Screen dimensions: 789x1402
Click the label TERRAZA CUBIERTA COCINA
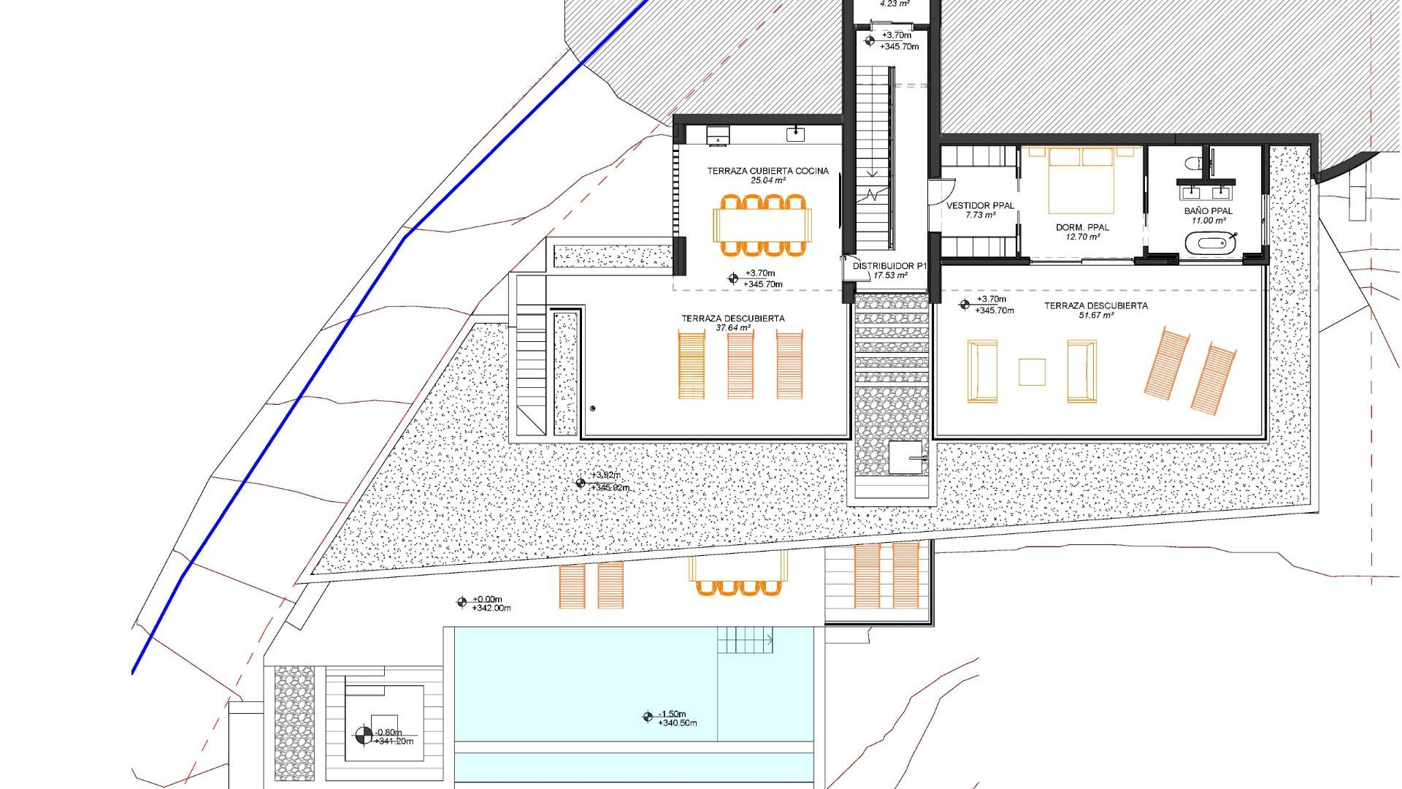click(767, 171)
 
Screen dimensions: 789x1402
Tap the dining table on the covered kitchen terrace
click(762, 225)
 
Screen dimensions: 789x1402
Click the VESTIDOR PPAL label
click(980, 206)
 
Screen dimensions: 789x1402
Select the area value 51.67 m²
click(1096, 316)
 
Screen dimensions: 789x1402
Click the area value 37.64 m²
click(733, 328)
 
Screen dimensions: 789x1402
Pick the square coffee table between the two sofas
click(1032, 371)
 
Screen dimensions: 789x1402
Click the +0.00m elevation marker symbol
click(461, 603)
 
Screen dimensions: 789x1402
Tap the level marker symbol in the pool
click(647, 717)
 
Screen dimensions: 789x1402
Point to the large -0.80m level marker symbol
click(363, 736)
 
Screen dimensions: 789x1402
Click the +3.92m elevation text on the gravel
click(606, 476)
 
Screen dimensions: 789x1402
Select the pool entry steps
click(745, 640)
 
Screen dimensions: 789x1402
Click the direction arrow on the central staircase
click(873, 173)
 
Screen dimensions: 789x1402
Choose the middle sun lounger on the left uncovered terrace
click(740, 364)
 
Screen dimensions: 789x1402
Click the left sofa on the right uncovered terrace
click(982, 370)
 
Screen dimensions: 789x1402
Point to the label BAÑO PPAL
click(1208, 211)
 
